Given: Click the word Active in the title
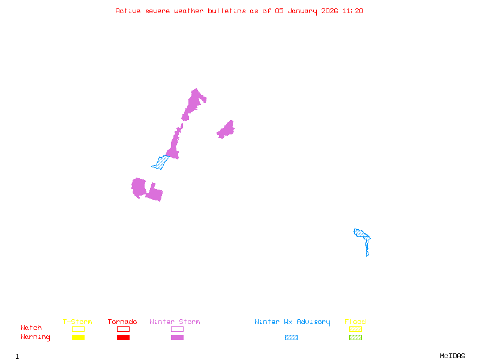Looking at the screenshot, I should (128, 11).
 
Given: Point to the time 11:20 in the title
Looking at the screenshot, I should (353, 11).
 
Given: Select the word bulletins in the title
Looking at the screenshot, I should (227, 11).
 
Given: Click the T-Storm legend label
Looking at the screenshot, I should (77, 322).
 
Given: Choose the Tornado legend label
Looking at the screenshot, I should (122, 322).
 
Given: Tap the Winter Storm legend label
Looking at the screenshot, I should (175, 322).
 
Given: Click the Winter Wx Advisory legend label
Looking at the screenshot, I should (292, 322).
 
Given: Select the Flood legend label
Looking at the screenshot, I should (355, 322).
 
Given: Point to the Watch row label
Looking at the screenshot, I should (31, 328).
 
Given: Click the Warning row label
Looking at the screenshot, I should (35, 337).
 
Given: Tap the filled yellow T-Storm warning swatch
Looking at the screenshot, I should (78, 338).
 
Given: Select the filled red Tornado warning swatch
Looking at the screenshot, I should (123, 338).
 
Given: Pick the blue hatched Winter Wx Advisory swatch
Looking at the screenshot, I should (291, 338).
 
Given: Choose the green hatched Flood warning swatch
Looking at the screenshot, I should (355, 338).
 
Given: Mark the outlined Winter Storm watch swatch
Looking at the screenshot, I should (177, 329).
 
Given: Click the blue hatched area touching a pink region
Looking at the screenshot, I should (160, 163).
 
